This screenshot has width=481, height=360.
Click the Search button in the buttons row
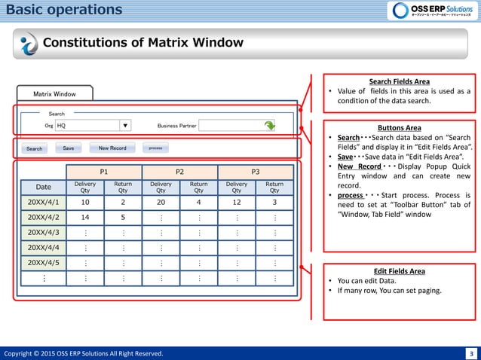tap(35, 148)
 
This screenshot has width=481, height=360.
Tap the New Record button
tap(112, 148)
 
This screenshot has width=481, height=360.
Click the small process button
tap(155, 148)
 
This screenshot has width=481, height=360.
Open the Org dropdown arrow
tap(125, 126)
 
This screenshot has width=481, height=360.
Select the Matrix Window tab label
tap(54, 94)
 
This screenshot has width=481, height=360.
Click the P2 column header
tap(179, 172)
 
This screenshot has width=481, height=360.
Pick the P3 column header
tap(256, 172)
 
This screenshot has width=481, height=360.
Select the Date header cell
tap(44, 186)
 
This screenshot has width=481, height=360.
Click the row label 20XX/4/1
tap(44, 203)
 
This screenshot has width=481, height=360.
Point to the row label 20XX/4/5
tap(44, 263)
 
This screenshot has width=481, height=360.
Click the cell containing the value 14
tap(85, 218)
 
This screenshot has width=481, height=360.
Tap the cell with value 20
tap(161, 203)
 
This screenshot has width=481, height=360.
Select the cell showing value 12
tap(237, 203)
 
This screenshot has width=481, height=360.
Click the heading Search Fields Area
tap(400, 81)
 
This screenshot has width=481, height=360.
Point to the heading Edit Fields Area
tap(400, 271)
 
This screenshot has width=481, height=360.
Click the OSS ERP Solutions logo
tap(432, 11)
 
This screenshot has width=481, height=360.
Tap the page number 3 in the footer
tap(471, 353)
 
